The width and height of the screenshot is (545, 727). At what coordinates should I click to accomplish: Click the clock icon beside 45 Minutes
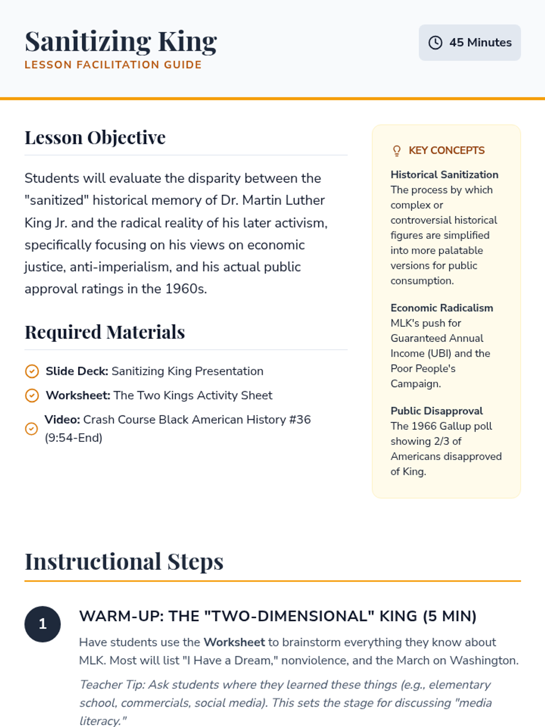(x=435, y=43)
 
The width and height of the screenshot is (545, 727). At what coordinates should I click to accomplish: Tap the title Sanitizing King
(x=121, y=41)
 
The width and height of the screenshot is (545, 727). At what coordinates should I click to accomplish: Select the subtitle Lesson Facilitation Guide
(x=113, y=65)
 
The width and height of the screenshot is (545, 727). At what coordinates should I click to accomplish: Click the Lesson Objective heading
(x=95, y=138)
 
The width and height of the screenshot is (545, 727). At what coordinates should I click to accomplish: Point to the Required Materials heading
(x=104, y=332)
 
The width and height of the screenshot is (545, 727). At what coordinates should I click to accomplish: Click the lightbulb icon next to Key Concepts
(x=396, y=151)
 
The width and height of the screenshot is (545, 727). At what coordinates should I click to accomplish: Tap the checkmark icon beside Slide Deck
(x=32, y=371)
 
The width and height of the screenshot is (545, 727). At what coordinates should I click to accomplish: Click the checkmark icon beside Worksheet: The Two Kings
(x=32, y=395)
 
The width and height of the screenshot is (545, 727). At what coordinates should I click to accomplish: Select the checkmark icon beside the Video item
(x=31, y=428)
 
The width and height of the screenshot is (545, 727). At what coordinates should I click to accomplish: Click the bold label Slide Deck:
(x=77, y=371)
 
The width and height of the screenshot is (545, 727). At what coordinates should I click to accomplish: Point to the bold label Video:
(x=62, y=419)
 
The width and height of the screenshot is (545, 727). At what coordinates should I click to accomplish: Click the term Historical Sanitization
(x=444, y=175)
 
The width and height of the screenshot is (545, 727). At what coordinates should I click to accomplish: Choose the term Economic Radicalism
(x=441, y=308)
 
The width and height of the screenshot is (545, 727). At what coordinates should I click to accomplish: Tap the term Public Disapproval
(x=436, y=411)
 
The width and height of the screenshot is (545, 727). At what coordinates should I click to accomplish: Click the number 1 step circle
(x=43, y=624)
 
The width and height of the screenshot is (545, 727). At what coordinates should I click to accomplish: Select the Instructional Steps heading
(x=124, y=562)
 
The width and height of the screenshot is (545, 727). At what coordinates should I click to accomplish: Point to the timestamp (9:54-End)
(x=74, y=438)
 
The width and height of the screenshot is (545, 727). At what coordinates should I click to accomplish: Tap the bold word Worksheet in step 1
(x=234, y=642)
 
